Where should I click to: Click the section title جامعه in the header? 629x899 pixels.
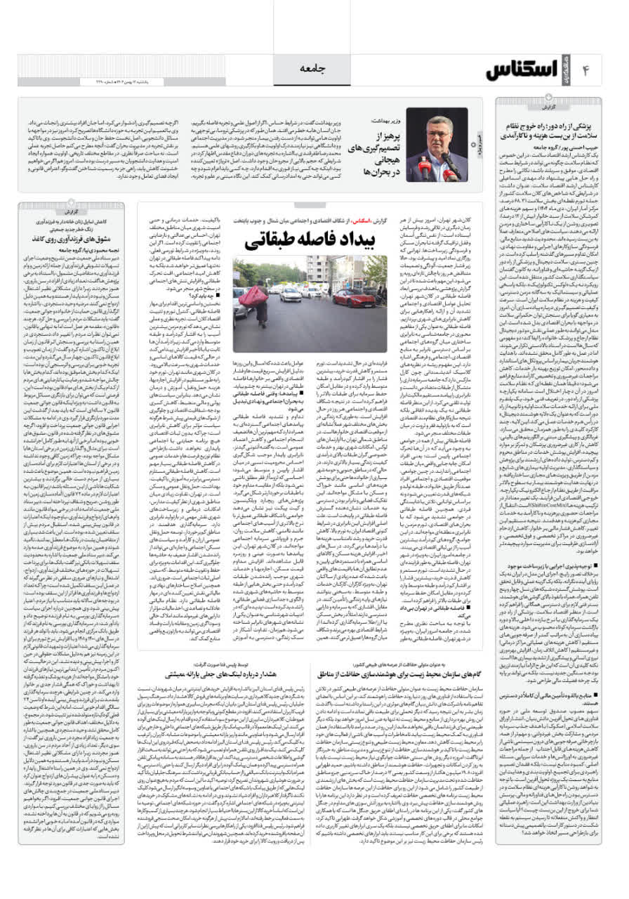[314, 68]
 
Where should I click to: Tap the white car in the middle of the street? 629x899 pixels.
[290, 293]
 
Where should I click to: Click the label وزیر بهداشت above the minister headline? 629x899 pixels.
[383, 122]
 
